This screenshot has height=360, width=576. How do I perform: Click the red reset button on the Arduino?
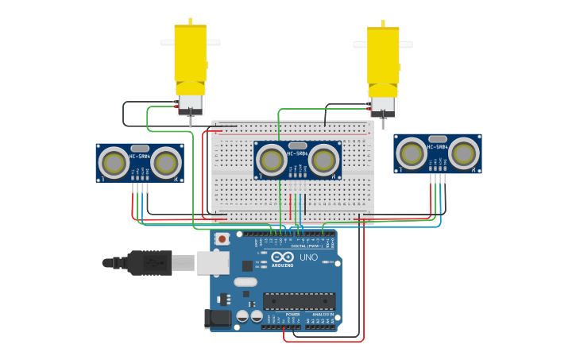[x=222, y=238]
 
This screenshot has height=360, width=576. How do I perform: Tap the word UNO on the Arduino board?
[x=307, y=257]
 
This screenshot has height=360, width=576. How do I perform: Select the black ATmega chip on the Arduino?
[x=299, y=301]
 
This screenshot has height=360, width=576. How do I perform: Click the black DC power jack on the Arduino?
[x=218, y=319]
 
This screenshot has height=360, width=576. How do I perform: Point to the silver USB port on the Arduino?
[x=213, y=263]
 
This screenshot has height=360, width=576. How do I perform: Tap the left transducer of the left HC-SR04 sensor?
[x=113, y=164]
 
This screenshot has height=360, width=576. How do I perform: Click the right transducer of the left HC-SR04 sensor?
[x=166, y=164]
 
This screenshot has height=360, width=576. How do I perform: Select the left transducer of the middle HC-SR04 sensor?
[x=271, y=161]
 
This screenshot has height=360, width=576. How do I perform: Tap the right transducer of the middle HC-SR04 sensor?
[x=323, y=161]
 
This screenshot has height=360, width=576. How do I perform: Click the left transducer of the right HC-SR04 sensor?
[x=412, y=153]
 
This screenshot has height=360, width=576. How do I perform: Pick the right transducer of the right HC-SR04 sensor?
[x=464, y=153]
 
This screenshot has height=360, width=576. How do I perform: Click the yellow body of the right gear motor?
[x=383, y=56]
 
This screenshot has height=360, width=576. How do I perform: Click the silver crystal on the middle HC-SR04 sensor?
[x=298, y=145]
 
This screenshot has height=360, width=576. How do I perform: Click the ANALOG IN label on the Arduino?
[x=323, y=315]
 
